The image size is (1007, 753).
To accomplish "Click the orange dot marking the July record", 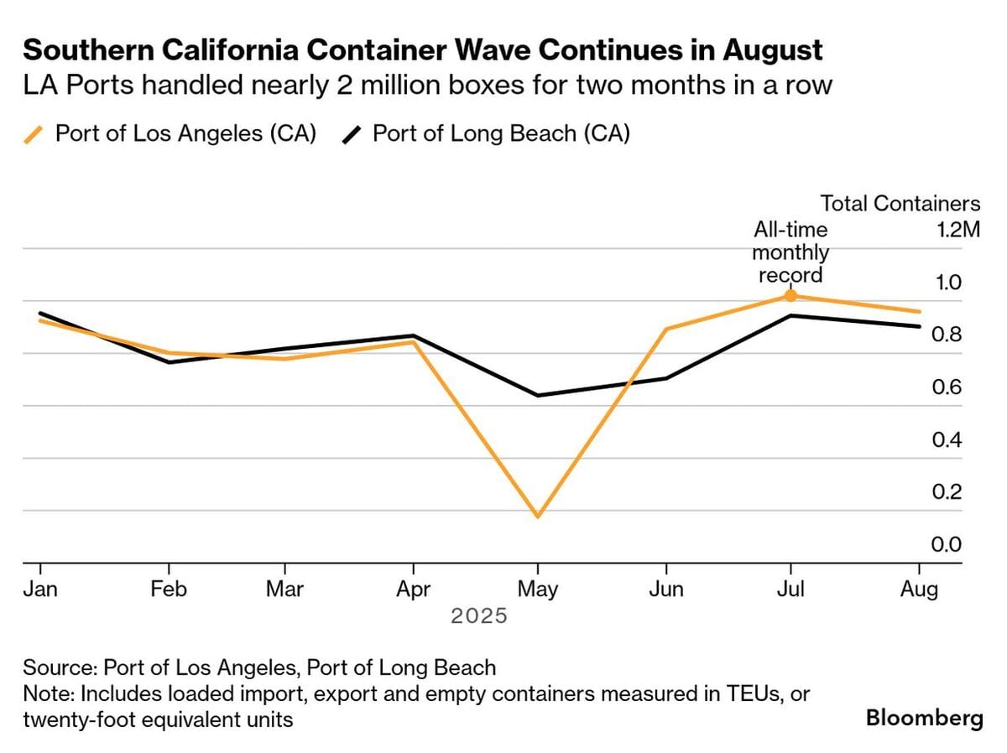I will pos(790,295).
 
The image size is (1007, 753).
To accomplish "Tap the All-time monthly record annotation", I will pos(790,252).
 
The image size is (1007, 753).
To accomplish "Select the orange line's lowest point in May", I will pos(538,516).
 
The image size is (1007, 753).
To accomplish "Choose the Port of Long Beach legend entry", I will pos(487,134).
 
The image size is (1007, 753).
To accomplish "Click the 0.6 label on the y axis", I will pos(947,387).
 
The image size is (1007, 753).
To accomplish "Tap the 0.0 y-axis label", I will pos(947,545).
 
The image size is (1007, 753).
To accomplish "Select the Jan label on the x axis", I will pos(40,589).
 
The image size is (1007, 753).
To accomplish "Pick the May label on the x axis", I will pos(538,589).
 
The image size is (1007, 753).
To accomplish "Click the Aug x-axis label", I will pos(919,589).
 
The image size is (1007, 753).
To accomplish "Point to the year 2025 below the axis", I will pos(479,616).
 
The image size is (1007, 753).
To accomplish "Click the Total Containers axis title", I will pos(900,204).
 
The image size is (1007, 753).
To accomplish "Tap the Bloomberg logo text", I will pos(924,719).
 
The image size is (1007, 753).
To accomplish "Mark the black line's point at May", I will pos(538,395).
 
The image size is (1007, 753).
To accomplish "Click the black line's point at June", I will pos(666,378).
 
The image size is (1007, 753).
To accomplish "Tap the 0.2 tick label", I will pos(947,492).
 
